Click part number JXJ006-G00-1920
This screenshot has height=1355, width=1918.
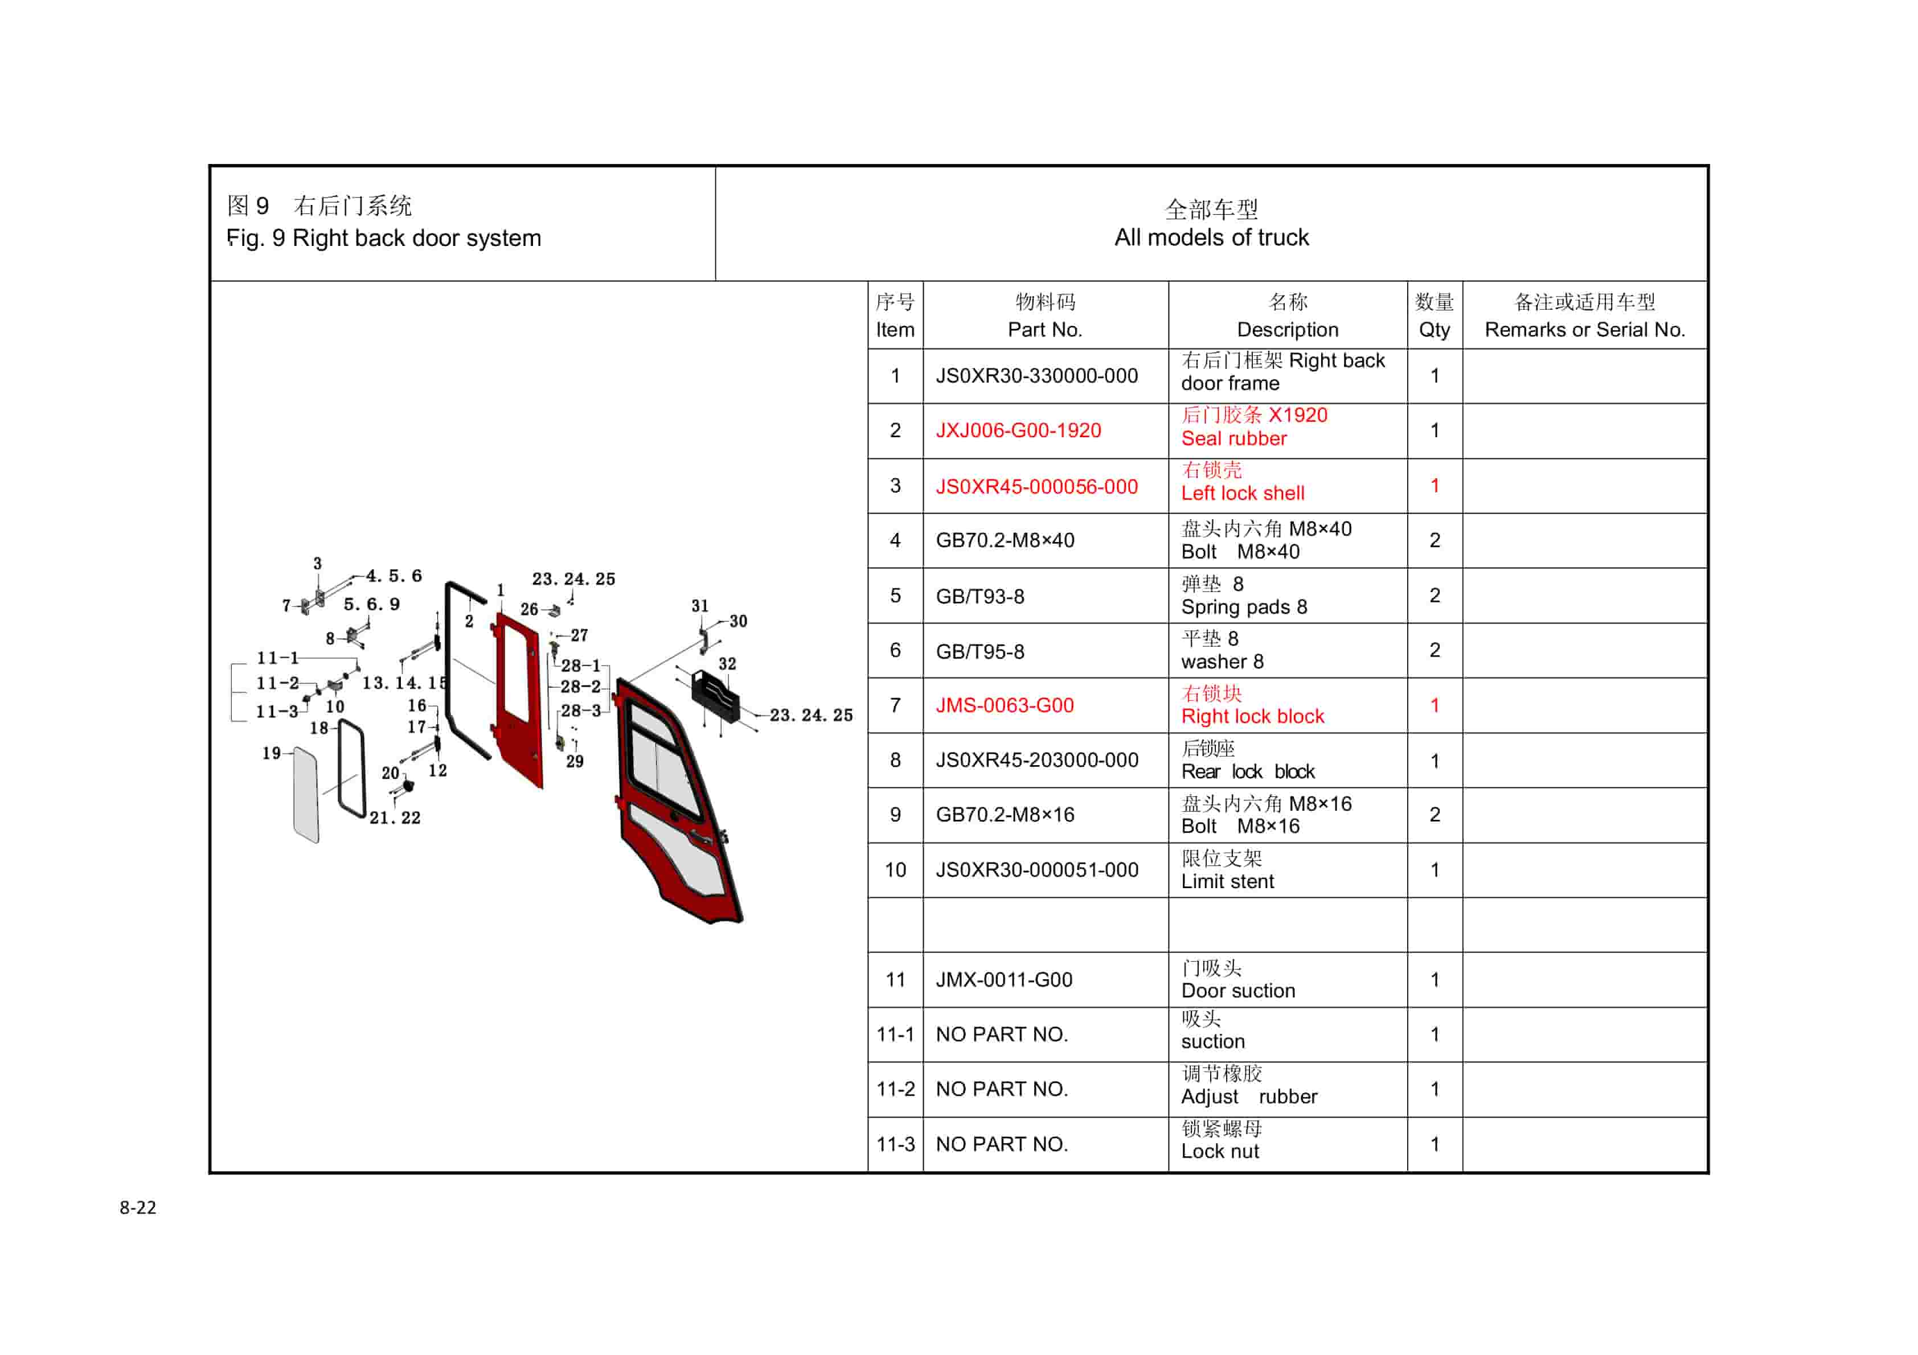click(x=1018, y=430)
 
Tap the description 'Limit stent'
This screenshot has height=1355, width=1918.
click(x=1227, y=881)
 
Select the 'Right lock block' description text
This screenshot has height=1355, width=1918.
click(x=1252, y=716)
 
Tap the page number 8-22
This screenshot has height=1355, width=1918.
click(x=138, y=1207)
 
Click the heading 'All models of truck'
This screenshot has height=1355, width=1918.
click(x=1211, y=237)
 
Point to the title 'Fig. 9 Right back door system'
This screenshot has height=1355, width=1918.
click(x=383, y=238)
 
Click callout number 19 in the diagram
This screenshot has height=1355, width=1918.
click(x=272, y=753)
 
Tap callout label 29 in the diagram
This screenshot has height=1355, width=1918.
click(x=575, y=761)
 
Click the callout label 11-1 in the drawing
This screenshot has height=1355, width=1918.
click(x=277, y=658)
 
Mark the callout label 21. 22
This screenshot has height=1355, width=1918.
click(x=395, y=818)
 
